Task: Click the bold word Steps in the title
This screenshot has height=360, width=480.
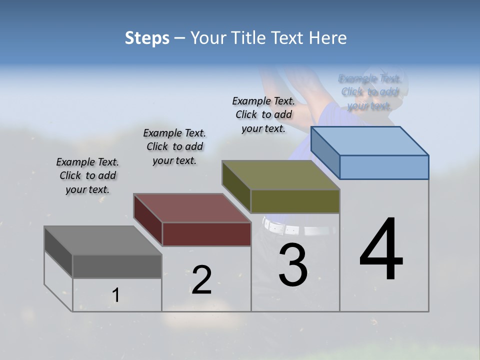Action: (x=147, y=38)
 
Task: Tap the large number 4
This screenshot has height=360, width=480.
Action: (x=381, y=249)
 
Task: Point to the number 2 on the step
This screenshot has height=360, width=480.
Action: (x=201, y=280)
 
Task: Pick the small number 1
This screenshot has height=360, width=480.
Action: (x=115, y=295)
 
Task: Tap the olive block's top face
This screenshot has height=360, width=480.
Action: (x=280, y=175)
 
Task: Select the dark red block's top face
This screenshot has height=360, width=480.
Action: (x=191, y=208)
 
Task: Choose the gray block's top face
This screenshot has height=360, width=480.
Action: (x=102, y=240)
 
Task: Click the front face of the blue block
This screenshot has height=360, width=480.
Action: (x=384, y=167)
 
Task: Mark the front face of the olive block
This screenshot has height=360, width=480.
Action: (x=295, y=201)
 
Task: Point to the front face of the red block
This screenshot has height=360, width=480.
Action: (x=206, y=234)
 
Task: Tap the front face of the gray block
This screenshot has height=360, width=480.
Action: (x=117, y=266)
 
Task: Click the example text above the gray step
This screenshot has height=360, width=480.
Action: (x=87, y=175)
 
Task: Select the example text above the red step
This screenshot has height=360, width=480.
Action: (x=174, y=146)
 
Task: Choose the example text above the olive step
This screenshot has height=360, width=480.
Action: (x=263, y=114)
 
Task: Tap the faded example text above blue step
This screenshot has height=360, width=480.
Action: (x=369, y=92)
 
